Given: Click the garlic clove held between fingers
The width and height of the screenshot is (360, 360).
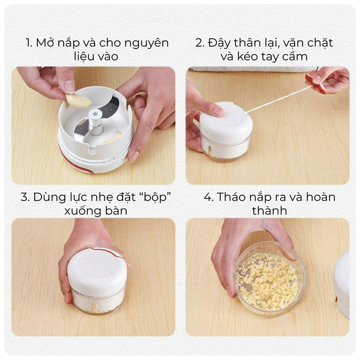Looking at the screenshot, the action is coord(78,101).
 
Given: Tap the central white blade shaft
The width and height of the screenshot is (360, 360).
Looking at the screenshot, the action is coord(95,122).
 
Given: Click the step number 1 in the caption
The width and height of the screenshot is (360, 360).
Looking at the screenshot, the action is coord(29,43).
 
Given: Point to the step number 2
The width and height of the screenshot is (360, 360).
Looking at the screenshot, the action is coord(200,43).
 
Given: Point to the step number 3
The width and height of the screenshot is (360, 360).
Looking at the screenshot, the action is coord(25,197).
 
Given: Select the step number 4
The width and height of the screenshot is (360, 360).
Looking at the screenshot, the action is coord(208,197).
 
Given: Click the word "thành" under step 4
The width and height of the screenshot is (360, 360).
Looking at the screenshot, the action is coord(269,211).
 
